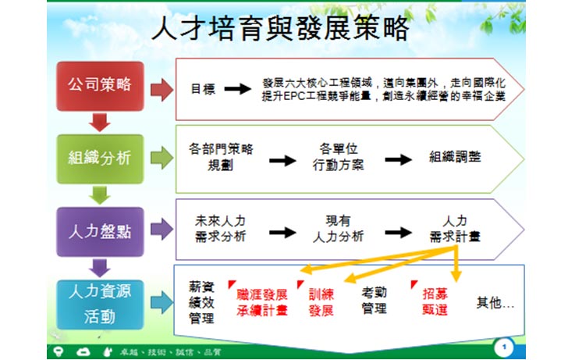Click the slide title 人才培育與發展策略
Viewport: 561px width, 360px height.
point(280,29)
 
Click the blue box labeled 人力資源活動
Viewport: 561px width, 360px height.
point(100,304)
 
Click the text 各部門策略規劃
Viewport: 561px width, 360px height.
point(221,156)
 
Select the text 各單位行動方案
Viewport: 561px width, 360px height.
point(338,156)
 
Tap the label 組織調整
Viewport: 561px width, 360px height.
point(455,156)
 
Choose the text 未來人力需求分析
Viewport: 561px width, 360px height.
point(221,229)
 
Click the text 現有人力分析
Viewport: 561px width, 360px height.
point(338,229)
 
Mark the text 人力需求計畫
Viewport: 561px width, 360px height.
point(455,229)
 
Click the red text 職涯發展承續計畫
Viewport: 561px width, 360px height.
point(262,302)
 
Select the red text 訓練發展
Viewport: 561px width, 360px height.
point(321,302)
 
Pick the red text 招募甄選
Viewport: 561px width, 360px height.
point(435,302)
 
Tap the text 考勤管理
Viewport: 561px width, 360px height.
point(374,301)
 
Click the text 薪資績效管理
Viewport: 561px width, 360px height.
point(201,301)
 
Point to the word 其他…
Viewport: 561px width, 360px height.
point(495,302)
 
